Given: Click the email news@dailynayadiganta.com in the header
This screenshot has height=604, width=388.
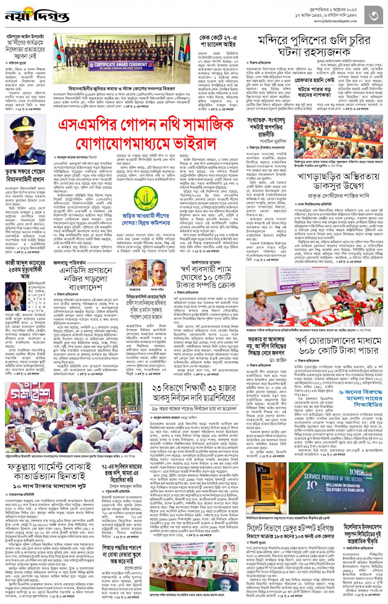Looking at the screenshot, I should (x=335, y=21).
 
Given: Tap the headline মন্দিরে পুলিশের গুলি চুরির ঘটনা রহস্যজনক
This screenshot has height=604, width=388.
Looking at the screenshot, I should (x=314, y=46).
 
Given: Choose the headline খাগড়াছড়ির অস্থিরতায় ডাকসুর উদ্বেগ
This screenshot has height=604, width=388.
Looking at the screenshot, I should (x=338, y=181).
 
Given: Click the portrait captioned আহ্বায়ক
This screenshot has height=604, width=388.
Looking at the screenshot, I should (x=135, y=273).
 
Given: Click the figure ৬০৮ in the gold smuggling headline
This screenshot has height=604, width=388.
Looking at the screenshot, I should (x=311, y=351).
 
